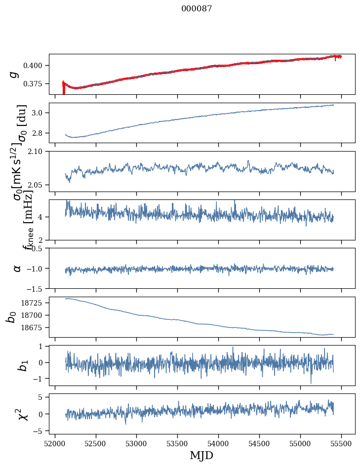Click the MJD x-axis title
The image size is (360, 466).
point(201,456)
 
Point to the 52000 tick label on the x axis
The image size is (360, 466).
point(55,443)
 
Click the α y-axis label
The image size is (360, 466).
point(17,268)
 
